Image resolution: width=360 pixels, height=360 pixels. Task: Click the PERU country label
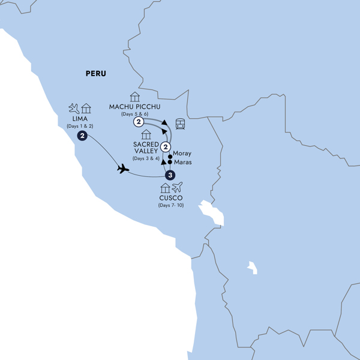tap(95, 74)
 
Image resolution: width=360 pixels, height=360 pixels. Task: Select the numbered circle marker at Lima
tap(82, 136)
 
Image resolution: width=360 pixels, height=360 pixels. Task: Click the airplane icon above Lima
tap(74, 109)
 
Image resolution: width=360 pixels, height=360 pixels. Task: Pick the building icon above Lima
tap(86, 109)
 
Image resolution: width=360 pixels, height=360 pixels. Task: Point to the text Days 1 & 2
tap(80, 127)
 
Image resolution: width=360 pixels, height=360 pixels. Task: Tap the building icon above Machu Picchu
tap(134, 97)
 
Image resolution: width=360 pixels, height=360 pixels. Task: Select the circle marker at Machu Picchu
tap(139, 122)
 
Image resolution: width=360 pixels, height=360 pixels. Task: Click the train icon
tap(180, 124)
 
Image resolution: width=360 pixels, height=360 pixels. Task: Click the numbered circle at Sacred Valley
tap(166, 148)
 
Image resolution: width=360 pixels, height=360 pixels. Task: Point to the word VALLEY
tap(146, 151)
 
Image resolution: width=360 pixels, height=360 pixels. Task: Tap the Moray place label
tap(182, 154)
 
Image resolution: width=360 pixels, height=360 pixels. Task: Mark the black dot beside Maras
tap(170, 162)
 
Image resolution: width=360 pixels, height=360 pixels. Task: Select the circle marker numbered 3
tap(170, 175)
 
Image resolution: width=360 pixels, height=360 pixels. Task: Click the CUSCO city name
tap(170, 199)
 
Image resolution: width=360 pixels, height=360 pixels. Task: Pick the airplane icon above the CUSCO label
tap(176, 188)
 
